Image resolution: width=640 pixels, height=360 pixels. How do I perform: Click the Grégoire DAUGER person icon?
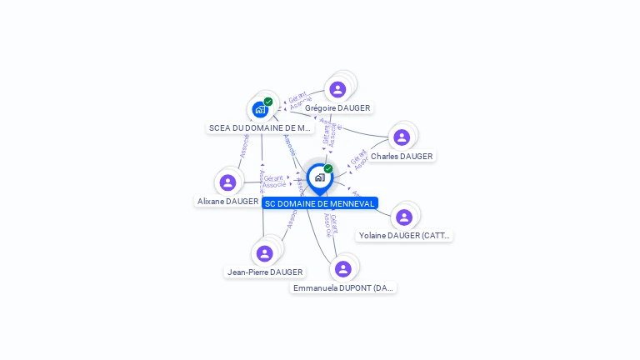point(337,89)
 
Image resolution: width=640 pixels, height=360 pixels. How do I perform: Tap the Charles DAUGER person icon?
point(402,137)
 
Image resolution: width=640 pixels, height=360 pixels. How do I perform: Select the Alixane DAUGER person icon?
point(227,182)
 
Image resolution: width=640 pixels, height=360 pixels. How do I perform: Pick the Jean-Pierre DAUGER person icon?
point(265,253)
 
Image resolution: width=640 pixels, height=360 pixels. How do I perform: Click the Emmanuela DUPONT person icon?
point(342,269)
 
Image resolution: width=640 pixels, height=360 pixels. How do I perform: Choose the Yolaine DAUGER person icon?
point(404,217)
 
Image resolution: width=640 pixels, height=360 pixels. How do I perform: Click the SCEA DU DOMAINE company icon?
point(261,109)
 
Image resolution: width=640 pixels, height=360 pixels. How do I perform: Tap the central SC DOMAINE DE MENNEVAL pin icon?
point(319,177)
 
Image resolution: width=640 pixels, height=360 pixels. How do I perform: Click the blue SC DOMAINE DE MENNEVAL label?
point(319,203)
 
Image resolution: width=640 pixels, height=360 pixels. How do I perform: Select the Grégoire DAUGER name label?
point(337,108)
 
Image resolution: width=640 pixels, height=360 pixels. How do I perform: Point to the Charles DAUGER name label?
point(402,157)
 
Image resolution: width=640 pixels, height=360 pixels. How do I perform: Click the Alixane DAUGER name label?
point(227,202)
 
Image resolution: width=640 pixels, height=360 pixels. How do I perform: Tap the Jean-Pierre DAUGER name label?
point(265,272)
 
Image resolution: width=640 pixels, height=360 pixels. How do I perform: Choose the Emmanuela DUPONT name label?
point(342,288)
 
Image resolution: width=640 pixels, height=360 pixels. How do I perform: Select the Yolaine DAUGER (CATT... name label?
point(404,236)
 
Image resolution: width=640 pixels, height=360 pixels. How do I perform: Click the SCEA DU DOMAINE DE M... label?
point(260,128)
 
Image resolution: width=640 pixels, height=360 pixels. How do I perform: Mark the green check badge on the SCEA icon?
point(268,102)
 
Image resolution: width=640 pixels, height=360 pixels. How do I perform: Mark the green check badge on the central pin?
point(328,168)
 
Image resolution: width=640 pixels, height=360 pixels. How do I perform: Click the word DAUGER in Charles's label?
point(416,157)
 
